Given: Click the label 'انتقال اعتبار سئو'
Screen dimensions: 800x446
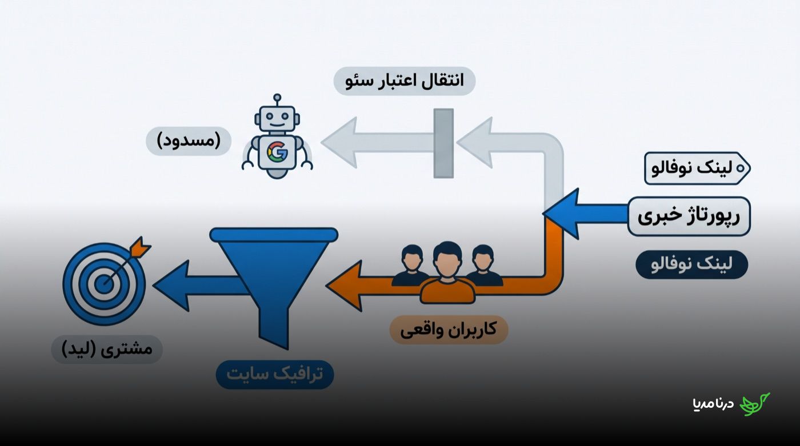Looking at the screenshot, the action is point(405,81).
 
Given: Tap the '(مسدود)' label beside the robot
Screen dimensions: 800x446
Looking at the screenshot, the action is point(189,141).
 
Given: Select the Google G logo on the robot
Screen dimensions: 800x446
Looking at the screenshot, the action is point(277,152).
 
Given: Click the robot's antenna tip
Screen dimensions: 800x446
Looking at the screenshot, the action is point(277,98).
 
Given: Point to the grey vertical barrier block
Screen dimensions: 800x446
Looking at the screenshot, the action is point(443,143).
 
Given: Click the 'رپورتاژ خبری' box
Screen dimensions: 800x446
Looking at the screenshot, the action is point(689,216).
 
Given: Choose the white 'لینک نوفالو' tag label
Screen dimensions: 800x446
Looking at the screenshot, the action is point(697,168).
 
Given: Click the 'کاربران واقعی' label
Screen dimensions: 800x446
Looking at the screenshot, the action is point(449,330).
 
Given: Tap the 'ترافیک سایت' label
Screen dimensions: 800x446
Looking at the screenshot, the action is point(275,375).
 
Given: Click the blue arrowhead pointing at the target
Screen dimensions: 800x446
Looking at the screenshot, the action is point(171,286).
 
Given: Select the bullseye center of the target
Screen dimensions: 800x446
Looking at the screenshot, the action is point(104,284).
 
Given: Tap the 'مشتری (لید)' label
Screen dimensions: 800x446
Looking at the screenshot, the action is point(107,349).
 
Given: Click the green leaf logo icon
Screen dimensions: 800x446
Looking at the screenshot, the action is point(755,404).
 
